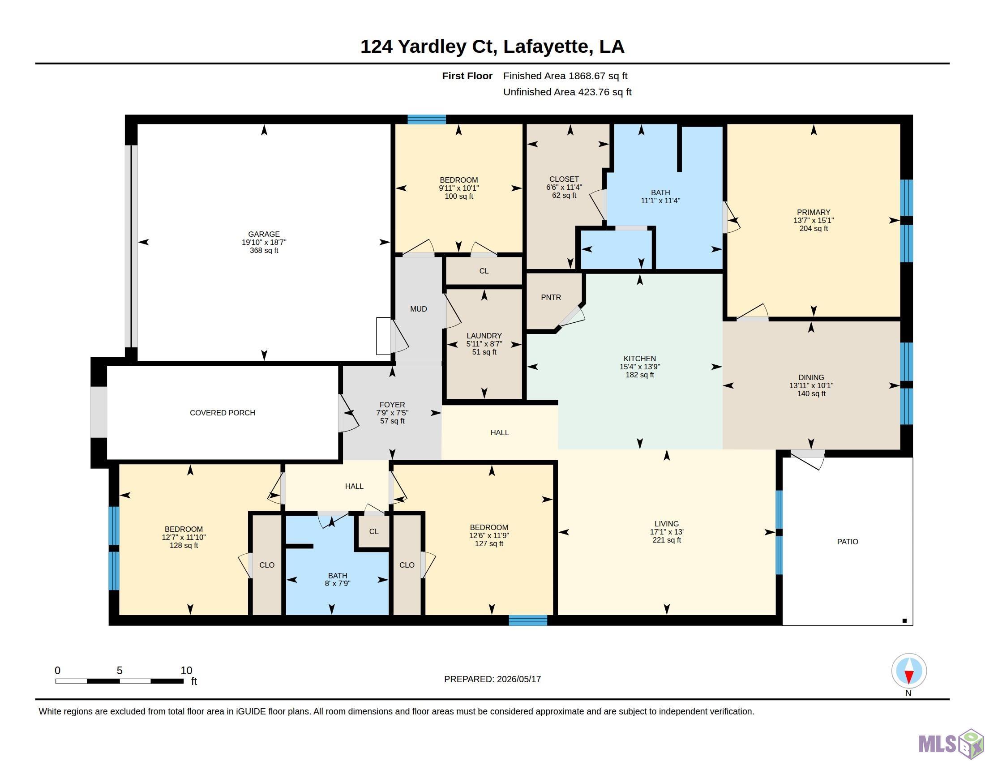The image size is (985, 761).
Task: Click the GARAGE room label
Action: pyautogui.click(x=264, y=234)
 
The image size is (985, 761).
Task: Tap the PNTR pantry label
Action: pyautogui.click(x=551, y=298)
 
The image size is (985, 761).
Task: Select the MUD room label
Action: pyautogui.click(x=419, y=309)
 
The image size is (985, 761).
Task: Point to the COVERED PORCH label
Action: pyautogui.click(x=223, y=413)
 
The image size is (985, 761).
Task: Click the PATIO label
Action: pyautogui.click(x=848, y=542)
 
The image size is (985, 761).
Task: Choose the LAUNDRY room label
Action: pyautogui.click(x=484, y=335)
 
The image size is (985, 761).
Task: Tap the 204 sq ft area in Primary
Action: pyautogui.click(x=814, y=229)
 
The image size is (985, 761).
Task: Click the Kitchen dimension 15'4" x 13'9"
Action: pyautogui.click(x=639, y=367)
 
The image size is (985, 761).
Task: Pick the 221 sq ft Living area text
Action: pyautogui.click(x=667, y=540)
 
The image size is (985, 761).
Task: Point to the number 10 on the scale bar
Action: pyautogui.click(x=186, y=671)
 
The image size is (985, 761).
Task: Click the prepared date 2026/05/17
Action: pyautogui.click(x=518, y=679)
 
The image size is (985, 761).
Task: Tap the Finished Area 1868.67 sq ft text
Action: pyautogui.click(x=565, y=76)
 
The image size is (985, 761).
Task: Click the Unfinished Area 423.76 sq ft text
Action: pyautogui.click(x=567, y=92)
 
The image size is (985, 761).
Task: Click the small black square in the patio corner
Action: pyautogui.click(x=904, y=621)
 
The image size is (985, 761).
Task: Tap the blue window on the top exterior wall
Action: pyautogui.click(x=427, y=120)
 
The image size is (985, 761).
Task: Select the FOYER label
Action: pyautogui.click(x=392, y=405)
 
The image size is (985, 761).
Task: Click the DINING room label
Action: pyautogui.click(x=811, y=377)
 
